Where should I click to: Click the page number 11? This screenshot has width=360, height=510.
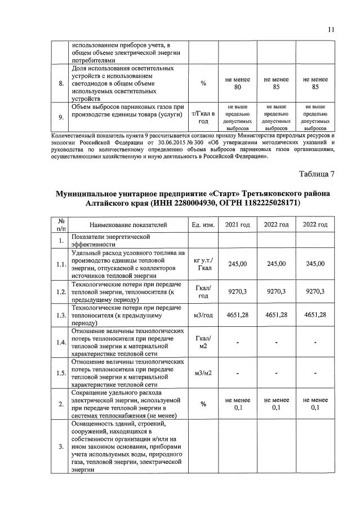(x=331, y=29)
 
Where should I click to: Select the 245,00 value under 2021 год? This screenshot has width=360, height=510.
(x=237, y=264)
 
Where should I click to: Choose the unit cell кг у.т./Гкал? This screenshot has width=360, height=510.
(x=202, y=264)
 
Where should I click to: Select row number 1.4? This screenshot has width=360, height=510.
(x=60, y=342)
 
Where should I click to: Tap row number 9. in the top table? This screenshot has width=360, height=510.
(x=60, y=117)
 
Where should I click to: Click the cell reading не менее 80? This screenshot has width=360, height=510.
(x=237, y=84)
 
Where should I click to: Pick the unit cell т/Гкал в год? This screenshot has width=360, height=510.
(x=202, y=117)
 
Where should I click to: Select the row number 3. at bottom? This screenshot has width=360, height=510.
(x=60, y=447)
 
